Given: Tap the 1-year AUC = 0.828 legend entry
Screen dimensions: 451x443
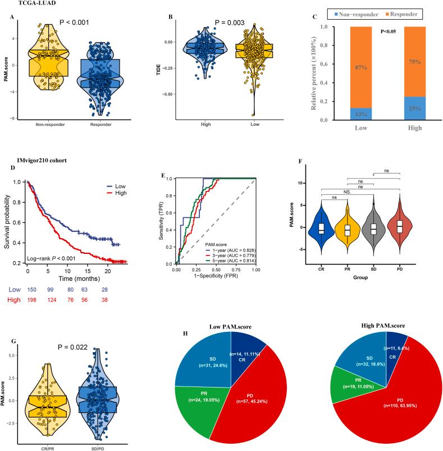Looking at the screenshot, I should [228, 241].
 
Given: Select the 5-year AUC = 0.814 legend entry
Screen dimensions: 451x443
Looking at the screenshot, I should [228, 254].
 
